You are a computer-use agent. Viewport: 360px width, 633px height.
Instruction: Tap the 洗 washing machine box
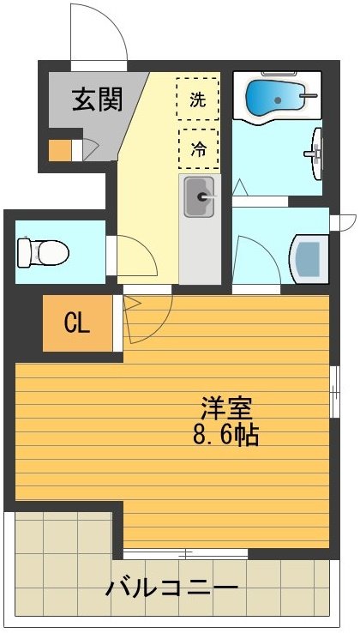point(197,99)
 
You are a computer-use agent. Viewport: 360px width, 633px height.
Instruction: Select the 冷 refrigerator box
point(197,148)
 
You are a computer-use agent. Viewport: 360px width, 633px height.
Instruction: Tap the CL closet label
point(78,323)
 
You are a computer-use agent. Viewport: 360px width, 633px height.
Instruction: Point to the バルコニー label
point(171,589)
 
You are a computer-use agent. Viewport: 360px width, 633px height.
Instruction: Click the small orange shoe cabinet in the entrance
point(60,150)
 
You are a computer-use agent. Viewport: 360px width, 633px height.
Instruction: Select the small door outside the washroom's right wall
point(345,221)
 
